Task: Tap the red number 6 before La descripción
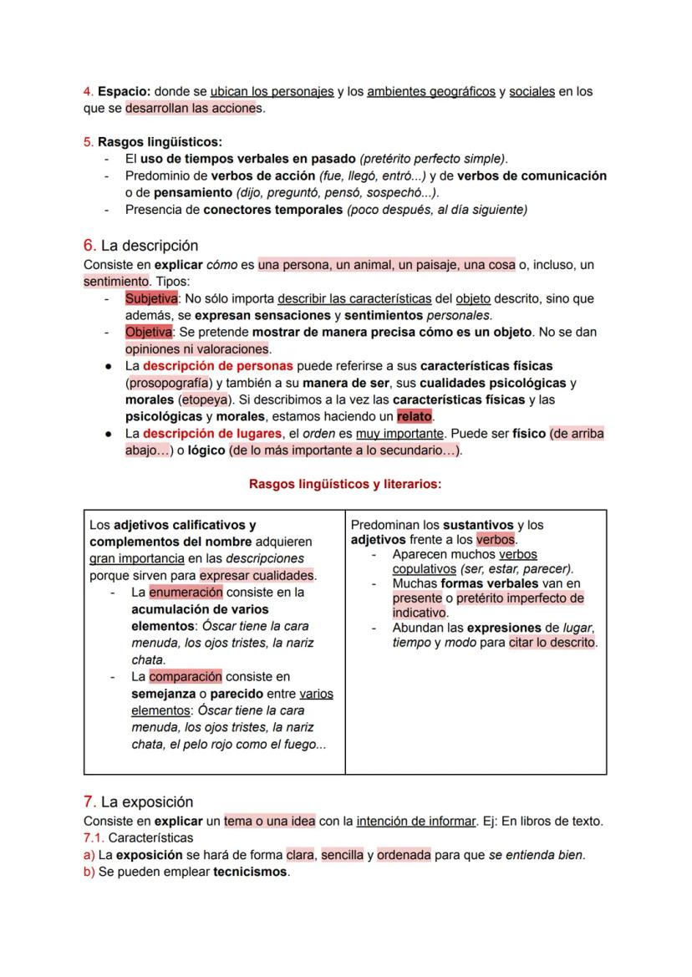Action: [89, 245]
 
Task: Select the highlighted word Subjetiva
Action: [151, 298]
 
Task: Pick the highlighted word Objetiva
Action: [149, 332]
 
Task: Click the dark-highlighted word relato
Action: [414, 415]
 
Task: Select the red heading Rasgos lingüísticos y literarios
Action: [345, 483]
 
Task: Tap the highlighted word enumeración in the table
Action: [186, 592]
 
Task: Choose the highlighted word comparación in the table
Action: [186, 676]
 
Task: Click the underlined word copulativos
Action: [425, 569]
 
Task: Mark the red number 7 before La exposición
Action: [89, 801]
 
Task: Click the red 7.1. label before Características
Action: [94, 837]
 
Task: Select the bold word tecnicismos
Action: [250, 872]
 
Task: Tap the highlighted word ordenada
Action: [404, 855]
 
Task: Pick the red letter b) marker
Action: [89, 872]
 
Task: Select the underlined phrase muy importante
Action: [399, 433]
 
